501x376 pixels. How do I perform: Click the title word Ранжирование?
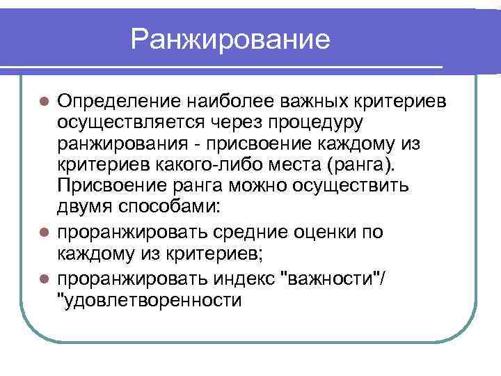230,40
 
